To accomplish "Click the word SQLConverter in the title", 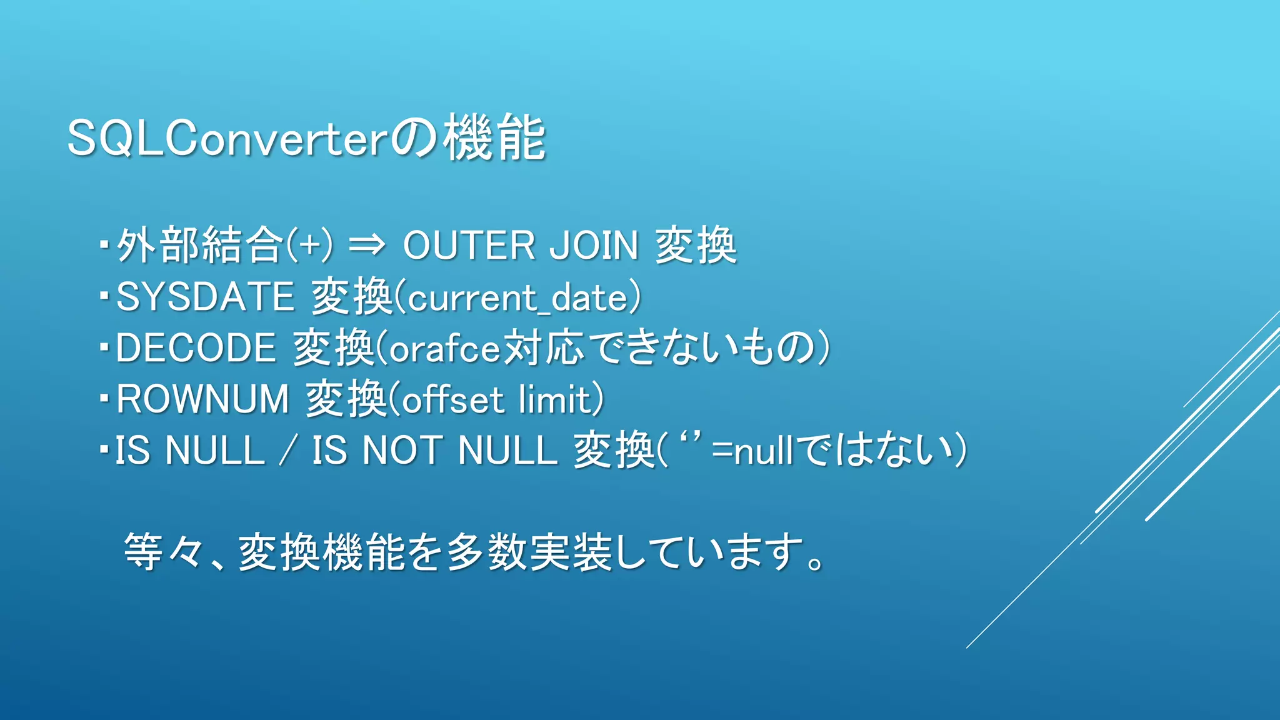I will [x=228, y=139].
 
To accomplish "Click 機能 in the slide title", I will [x=495, y=139].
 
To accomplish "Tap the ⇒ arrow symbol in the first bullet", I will [x=367, y=244].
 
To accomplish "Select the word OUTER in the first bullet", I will [x=469, y=245].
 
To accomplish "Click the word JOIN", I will [x=594, y=245].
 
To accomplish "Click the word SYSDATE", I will [x=205, y=296].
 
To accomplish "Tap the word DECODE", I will [x=196, y=347].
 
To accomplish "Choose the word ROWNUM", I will [x=202, y=399].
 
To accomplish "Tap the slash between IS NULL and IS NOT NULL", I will [x=287, y=451].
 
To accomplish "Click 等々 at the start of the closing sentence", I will [x=164, y=552].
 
